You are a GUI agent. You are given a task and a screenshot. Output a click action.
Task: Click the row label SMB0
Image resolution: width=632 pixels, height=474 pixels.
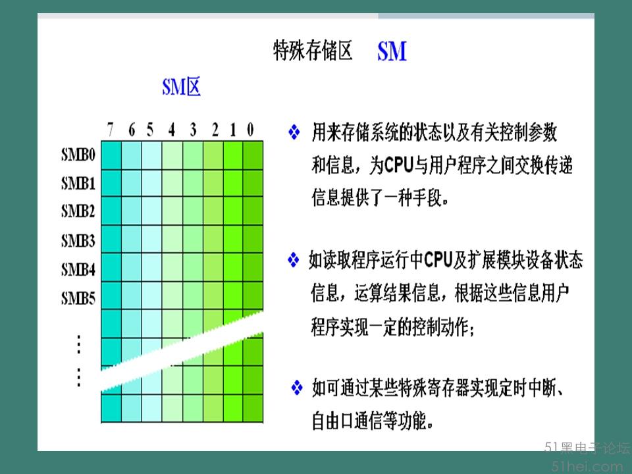(78, 154)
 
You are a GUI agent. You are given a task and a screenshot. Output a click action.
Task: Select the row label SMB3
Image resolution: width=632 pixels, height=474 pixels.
(78, 241)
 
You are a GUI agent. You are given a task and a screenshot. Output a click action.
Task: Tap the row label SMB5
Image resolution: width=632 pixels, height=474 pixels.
(78, 298)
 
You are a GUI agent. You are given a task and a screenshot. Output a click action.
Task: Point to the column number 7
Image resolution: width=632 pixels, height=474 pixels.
(110, 130)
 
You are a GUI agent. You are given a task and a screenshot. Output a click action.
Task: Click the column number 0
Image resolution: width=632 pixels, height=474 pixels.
(250, 130)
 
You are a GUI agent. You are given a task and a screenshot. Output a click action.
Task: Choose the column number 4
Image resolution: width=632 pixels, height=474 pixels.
(172, 130)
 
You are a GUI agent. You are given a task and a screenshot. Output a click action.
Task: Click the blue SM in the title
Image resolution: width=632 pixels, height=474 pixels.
(392, 51)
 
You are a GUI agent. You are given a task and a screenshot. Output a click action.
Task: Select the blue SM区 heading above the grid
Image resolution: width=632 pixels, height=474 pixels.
(182, 87)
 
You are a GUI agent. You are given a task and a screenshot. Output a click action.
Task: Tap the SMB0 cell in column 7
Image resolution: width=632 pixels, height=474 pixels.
(111, 155)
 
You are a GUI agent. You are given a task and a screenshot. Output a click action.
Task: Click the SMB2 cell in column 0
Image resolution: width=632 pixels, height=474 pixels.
(253, 211)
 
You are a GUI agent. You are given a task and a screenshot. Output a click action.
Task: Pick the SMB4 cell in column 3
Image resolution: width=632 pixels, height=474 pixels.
(193, 267)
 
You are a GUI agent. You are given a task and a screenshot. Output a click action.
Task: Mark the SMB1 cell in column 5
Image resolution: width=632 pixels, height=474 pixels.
(152, 183)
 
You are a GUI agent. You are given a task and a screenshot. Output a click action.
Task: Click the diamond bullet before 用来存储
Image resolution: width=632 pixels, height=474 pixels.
(294, 132)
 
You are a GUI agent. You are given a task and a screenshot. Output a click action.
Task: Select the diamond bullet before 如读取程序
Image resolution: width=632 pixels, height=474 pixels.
(294, 259)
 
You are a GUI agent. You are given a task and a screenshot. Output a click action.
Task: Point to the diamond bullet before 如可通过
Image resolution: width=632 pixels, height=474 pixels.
(297, 387)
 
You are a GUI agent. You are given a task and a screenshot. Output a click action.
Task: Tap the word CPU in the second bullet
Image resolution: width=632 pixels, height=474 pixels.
(439, 259)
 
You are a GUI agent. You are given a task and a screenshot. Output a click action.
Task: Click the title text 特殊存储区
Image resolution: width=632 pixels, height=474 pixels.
(313, 51)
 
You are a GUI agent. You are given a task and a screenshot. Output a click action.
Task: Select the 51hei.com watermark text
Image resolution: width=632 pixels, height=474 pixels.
(587, 467)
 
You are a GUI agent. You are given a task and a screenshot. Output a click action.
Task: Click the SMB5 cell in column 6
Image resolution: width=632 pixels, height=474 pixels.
(132, 296)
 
